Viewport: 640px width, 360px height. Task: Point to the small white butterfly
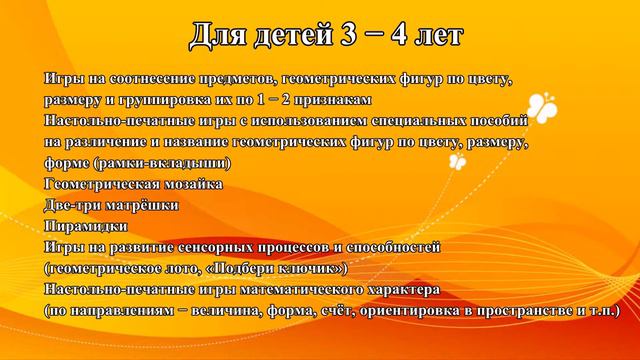[x=458, y=160]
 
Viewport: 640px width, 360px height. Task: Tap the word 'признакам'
[x=336, y=99]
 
